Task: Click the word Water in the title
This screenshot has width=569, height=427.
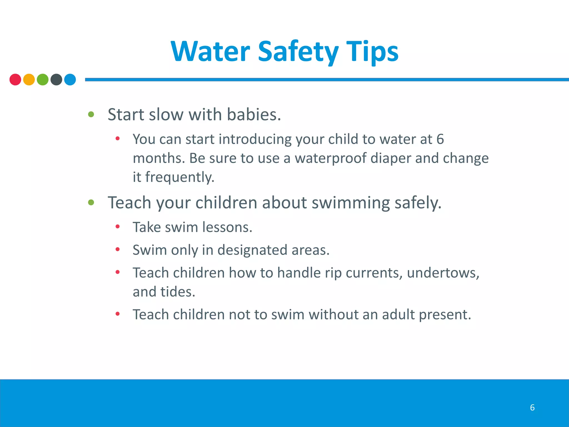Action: (211, 51)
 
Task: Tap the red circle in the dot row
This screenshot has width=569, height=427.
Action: (15, 80)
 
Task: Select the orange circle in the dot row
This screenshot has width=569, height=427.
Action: (29, 80)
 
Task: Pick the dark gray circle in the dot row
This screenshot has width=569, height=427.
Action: (56, 80)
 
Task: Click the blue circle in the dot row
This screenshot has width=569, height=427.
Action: (70, 80)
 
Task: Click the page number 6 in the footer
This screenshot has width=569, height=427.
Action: (532, 408)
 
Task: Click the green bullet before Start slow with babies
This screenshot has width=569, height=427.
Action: (91, 114)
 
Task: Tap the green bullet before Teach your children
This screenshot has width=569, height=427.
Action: (91, 202)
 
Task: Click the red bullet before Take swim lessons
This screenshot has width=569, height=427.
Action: (118, 227)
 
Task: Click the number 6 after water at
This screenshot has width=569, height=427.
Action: (440, 139)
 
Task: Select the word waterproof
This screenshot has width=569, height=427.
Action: (331, 158)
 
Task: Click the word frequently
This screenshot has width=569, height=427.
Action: (179, 177)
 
